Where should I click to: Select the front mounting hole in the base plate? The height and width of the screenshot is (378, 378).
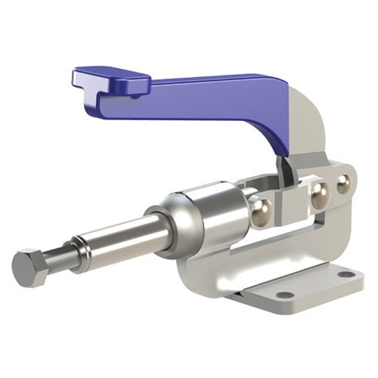click(284, 294)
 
